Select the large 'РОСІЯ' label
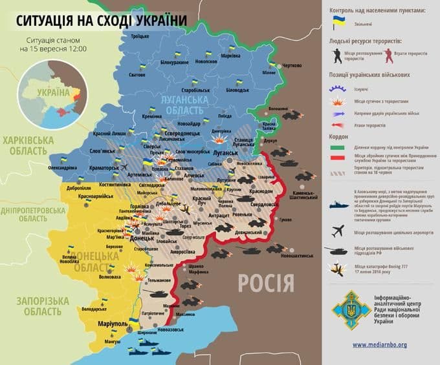(266, 282)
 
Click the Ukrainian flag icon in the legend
(338, 23)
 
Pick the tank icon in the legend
(338, 249)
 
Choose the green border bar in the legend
(338, 148)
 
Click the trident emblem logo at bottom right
(349, 309)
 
